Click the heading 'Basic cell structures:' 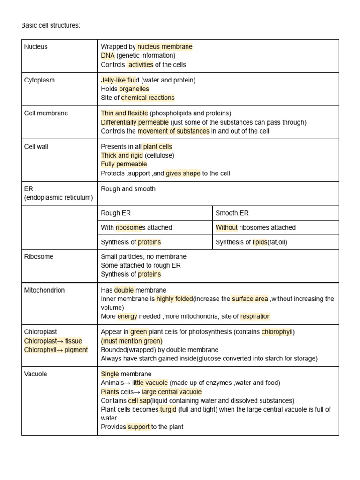[51, 25]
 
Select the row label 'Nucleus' [36, 47]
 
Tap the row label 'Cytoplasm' [39, 80]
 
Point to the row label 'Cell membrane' [46, 113]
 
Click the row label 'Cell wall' [36, 147]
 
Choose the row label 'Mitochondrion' [45, 290]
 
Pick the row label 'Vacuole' [36, 374]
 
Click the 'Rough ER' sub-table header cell [116, 213]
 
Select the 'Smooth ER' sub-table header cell [232, 213]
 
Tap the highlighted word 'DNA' [107, 56]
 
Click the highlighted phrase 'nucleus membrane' [165, 47]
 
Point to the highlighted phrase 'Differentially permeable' [135, 122]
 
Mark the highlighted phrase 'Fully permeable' [124, 164]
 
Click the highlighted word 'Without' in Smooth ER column [226, 228]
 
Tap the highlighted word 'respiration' [255, 316]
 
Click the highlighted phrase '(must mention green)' [132, 341]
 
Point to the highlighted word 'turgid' [168, 409]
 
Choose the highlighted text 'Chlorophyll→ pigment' [56, 350]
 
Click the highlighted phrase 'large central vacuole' [172, 392]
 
